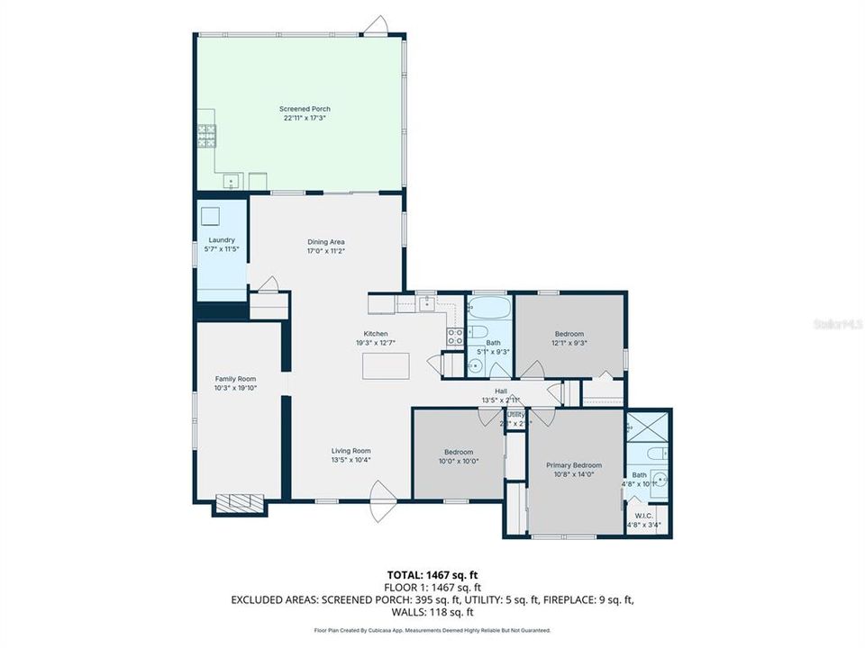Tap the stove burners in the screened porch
tap(206, 135)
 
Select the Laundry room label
tap(222, 240)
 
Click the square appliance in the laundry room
tap(211, 216)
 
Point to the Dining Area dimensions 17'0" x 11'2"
tap(326, 251)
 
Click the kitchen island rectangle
tap(386, 365)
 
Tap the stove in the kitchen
tap(456, 337)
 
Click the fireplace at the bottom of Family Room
tap(239, 502)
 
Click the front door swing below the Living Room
tap(382, 500)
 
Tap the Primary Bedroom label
tap(574, 465)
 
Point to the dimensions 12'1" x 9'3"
tap(569, 342)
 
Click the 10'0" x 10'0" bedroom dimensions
tap(459, 461)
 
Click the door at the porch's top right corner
tap(379, 24)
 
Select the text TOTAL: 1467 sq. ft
tap(432, 573)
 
